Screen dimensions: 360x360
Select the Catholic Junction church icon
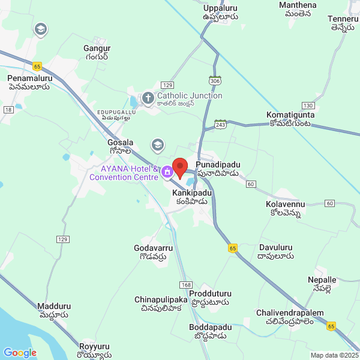(148, 97)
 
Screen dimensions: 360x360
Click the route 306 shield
(215, 80)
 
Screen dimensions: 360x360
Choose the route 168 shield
(186, 284)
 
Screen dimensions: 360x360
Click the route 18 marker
(8, 109)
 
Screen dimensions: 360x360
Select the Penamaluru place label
(29, 82)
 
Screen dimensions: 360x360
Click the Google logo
(20, 353)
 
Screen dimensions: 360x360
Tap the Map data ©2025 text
(334, 355)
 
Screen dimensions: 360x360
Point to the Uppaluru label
(221, 11)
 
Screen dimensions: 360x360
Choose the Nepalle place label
(322, 284)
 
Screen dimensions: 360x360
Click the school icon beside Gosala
(157, 145)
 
